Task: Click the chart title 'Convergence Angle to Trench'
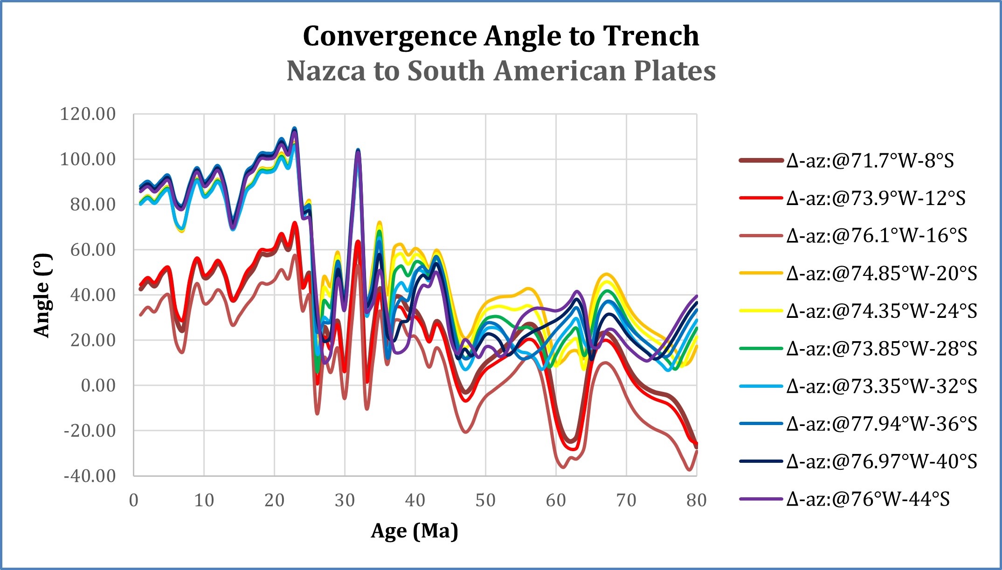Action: click(x=501, y=36)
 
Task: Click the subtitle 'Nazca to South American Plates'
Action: click(x=501, y=71)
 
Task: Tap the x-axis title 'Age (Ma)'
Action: click(x=415, y=531)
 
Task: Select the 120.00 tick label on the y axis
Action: click(x=88, y=114)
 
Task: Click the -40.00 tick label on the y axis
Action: click(x=90, y=476)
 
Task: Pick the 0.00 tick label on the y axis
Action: click(x=98, y=385)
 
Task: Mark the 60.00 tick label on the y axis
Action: click(x=92, y=250)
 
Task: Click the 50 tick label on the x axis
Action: click(x=485, y=501)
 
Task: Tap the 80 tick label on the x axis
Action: click(x=696, y=501)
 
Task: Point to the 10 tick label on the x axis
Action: click(x=204, y=501)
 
